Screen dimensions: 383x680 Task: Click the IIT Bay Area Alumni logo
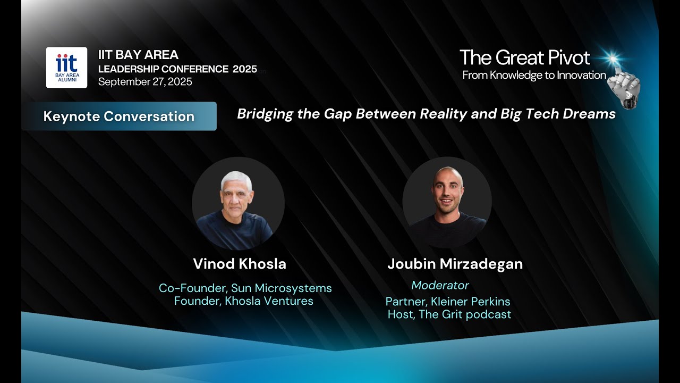66,68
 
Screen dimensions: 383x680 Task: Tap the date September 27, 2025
145,82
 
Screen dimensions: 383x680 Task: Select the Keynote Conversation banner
119,116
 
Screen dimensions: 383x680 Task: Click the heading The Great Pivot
524,57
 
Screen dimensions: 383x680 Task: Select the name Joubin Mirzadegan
455,264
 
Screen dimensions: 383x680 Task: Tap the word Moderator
440,286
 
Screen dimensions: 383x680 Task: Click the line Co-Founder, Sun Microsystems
245,288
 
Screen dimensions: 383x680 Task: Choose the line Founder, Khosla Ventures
243,301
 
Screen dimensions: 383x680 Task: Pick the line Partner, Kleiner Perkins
448,302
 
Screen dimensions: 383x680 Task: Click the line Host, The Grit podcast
449,314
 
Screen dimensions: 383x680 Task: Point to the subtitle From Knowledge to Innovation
534,75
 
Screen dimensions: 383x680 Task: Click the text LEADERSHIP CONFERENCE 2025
177,69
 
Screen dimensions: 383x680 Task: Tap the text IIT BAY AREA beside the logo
138,55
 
